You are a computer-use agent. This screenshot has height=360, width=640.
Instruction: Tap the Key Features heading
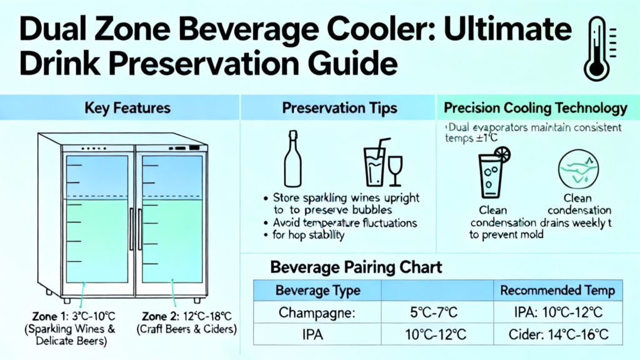point(127,107)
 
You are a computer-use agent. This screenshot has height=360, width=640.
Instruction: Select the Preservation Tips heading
point(339,107)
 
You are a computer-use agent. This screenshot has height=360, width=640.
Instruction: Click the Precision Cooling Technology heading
point(536,107)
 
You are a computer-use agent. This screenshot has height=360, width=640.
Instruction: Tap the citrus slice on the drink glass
point(502,155)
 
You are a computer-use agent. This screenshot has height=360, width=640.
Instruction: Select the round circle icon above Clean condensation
point(578,169)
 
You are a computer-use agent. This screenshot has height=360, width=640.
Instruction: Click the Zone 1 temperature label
point(74,316)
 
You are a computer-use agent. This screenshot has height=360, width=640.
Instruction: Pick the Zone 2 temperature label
point(186,316)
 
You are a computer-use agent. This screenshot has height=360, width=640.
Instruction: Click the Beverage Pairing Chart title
point(356,267)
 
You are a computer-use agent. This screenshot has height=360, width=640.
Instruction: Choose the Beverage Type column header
point(317,291)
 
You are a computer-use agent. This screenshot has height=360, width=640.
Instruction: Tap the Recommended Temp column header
point(557,291)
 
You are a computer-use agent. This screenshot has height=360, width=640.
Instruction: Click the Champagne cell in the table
point(317,312)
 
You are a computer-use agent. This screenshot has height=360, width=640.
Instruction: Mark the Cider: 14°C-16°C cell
point(558,335)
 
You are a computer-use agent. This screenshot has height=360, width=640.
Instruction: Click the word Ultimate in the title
point(507,29)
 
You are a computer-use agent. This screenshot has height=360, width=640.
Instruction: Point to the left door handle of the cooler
point(131,229)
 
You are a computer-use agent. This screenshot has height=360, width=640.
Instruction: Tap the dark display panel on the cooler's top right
point(194,147)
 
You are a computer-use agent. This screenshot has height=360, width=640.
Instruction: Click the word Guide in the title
point(352,64)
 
